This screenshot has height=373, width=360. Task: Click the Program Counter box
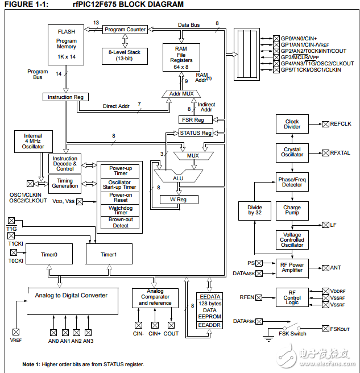[125, 30]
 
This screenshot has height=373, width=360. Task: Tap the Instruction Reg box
[65, 97]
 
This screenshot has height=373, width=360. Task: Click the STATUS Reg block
[196, 133]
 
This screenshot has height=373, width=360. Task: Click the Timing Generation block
[65, 183]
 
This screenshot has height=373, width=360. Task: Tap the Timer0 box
[49, 255]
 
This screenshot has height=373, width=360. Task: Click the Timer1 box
[109, 255]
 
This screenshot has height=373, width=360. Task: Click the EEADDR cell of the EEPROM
[209, 325]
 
